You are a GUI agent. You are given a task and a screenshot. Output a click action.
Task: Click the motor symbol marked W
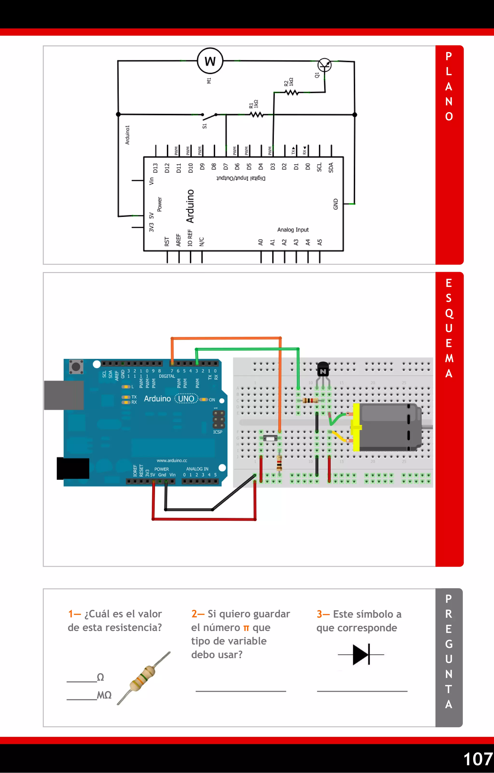tap(210, 61)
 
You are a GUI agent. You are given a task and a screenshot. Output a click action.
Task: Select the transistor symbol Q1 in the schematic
tap(324, 66)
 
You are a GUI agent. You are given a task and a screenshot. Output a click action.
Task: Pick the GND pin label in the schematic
tap(336, 204)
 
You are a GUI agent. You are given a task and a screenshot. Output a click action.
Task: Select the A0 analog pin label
tap(261, 242)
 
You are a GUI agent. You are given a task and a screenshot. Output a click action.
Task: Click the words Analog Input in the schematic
tap(293, 230)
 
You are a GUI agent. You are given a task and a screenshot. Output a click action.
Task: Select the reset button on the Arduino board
tap(76, 367)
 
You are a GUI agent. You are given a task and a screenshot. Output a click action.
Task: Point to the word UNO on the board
tap(186, 399)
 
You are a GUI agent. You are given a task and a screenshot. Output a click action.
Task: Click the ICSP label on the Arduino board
tap(218, 432)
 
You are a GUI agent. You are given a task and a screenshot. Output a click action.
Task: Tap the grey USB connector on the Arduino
tap(64, 395)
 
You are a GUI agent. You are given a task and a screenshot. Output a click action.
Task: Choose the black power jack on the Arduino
tap(73, 468)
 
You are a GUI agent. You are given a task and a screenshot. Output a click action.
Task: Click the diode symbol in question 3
tap(361, 654)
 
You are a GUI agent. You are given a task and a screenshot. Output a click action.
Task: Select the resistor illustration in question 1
tap(143, 678)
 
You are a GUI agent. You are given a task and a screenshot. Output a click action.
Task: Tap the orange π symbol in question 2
tap(246, 628)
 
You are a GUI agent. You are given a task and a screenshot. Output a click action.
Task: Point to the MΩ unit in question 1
tap(104, 695)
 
